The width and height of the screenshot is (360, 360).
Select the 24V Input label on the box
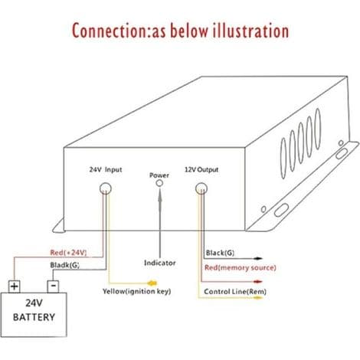[x=106, y=169]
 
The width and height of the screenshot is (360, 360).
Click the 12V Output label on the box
[x=201, y=169]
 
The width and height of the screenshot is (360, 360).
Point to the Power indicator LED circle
[x=159, y=183]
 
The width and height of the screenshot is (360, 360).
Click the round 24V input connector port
[x=106, y=188]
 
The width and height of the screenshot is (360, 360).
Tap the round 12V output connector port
[x=201, y=189]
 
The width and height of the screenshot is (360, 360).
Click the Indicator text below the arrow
[x=160, y=263]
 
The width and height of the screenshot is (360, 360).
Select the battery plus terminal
[x=15, y=286]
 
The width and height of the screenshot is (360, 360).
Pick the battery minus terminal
[x=53, y=286]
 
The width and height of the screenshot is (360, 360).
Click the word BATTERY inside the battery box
[x=34, y=317]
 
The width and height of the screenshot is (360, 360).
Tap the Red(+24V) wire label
[x=68, y=253]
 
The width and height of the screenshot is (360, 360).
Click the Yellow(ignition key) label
[x=137, y=291]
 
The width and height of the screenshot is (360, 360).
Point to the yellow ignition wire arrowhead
[x=152, y=283]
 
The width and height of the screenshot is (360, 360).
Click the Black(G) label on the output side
[x=220, y=253]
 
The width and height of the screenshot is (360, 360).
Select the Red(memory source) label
[x=241, y=267]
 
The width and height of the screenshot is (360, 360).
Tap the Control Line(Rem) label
[x=235, y=292]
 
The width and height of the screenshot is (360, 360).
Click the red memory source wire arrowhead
[x=258, y=282]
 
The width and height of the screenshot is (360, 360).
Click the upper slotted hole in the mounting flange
[x=341, y=154]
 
